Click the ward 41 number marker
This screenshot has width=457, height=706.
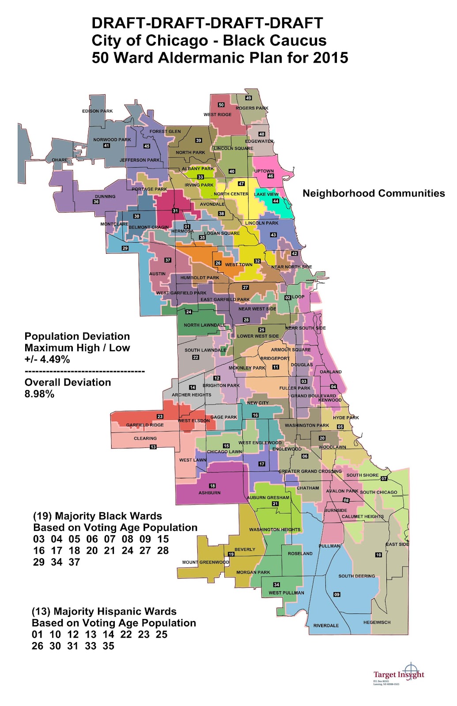click(106, 146)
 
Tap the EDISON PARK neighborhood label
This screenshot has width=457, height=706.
click(98, 111)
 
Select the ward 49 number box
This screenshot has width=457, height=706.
click(249, 98)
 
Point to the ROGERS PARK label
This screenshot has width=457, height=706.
click(252, 108)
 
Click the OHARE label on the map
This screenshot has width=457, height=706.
click(60, 160)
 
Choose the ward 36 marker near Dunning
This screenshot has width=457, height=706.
click(96, 202)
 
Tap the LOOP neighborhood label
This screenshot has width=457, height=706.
click(298, 297)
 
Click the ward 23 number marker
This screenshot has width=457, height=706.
click(160, 417)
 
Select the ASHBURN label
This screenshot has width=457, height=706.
click(209, 493)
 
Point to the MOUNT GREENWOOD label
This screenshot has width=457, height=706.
click(205, 562)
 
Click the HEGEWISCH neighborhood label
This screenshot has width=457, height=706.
click(377, 623)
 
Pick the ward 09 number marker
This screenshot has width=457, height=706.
click(337, 594)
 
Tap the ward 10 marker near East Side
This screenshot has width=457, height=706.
click(378, 555)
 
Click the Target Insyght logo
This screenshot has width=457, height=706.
click(398, 675)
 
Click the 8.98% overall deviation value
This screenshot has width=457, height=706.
click(39, 394)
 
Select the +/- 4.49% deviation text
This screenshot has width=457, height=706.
click(47, 359)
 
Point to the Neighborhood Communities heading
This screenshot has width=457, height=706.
click(374, 193)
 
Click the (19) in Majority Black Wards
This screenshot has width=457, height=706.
click(42, 516)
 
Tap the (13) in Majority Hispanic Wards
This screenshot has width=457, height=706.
click(41, 612)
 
